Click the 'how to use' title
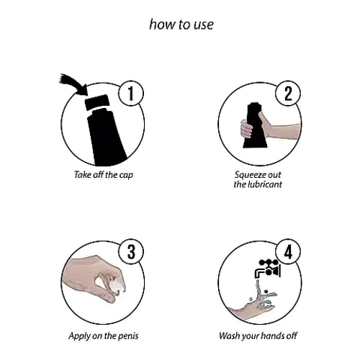pos(181,24)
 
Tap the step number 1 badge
pos(131,93)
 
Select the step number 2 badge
pos(288,93)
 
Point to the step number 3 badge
pos(131,251)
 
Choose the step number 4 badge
pos(288,251)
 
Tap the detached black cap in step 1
pos(97,102)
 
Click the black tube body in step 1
pos(106,137)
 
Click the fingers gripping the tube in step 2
pos(246,129)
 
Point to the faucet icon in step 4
pos(268,269)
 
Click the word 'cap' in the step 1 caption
pos(126,176)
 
